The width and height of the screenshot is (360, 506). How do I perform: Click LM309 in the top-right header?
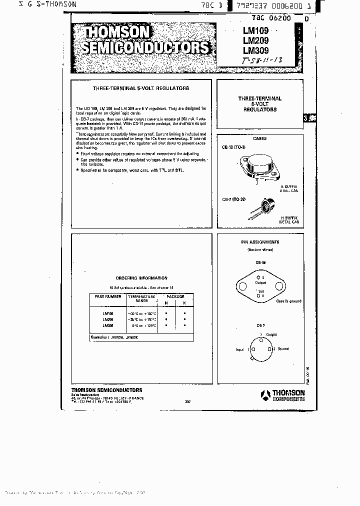[x=255, y=50]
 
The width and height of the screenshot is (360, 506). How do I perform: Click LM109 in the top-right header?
[x=255, y=31]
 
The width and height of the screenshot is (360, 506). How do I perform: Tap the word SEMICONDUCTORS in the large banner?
[x=145, y=48]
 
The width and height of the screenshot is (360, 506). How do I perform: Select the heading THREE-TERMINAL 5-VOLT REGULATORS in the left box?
[x=141, y=88]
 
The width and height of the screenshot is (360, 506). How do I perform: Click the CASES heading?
[x=259, y=138]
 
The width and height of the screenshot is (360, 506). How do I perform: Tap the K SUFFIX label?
[x=288, y=186]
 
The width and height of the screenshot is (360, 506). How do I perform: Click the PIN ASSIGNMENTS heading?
[x=260, y=242]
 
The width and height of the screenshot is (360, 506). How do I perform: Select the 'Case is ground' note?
[x=290, y=301]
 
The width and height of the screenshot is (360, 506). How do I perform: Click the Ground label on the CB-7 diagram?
[x=282, y=348]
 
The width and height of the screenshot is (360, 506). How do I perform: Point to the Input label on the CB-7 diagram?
[x=240, y=350]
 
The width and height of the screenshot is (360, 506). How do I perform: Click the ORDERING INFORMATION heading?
[x=141, y=278]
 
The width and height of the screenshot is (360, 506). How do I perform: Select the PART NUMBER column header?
[x=107, y=296]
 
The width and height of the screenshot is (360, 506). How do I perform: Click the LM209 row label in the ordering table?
[x=107, y=319]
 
